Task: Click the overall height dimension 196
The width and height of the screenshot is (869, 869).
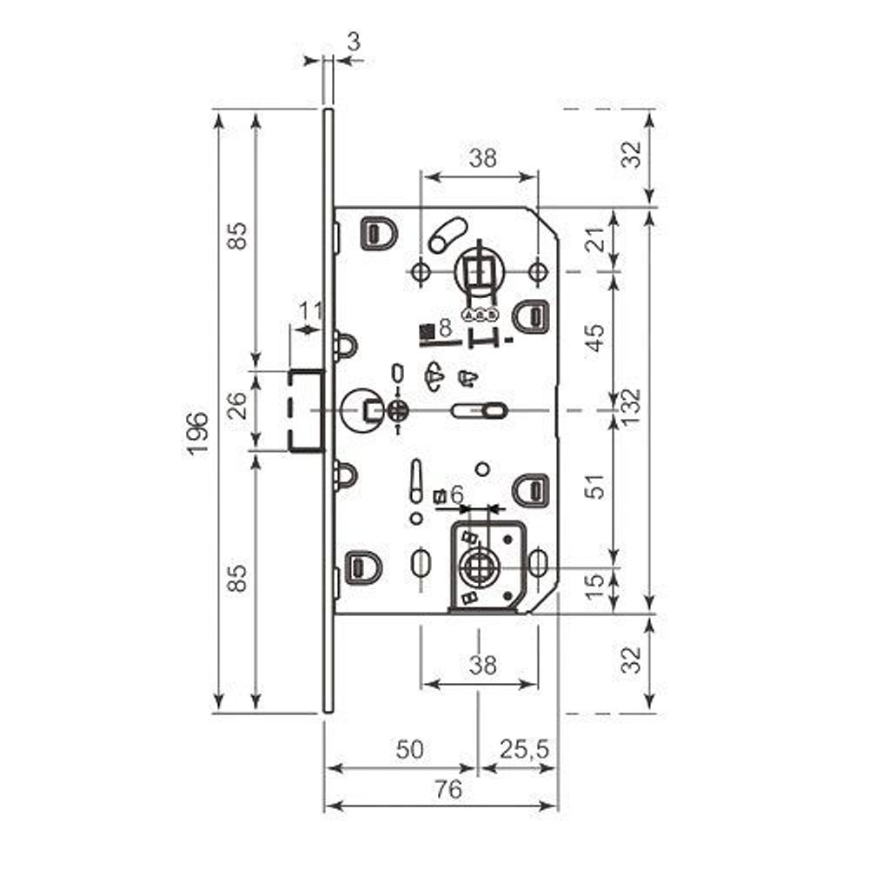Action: pyautogui.click(x=197, y=432)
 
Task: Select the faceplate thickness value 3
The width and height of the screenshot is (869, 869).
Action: pyautogui.click(x=353, y=40)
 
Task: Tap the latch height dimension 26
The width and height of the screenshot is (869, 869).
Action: pyautogui.click(x=237, y=407)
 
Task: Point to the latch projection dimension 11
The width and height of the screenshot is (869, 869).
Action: pyautogui.click(x=310, y=311)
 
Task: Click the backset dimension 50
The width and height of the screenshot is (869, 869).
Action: pyautogui.click(x=406, y=749)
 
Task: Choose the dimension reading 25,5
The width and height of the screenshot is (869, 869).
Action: pyautogui.click(x=526, y=749)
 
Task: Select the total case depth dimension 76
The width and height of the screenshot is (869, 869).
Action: pyautogui.click(x=448, y=790)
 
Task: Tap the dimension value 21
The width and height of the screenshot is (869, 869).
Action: pyautogui.click(x=597, y=240)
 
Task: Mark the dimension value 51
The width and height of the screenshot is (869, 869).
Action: pyautogui.click(x=597, y=487)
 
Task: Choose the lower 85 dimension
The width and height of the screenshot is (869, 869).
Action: pyautogui.click(x=237, y=578)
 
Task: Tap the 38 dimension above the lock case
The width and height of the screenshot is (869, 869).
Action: pyautogui.click(x=482, y=158)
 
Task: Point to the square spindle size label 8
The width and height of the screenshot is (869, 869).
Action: pyautogui.click(x=445, y=328)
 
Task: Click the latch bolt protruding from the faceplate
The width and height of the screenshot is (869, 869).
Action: pyautogui.click(x=306, y=410)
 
